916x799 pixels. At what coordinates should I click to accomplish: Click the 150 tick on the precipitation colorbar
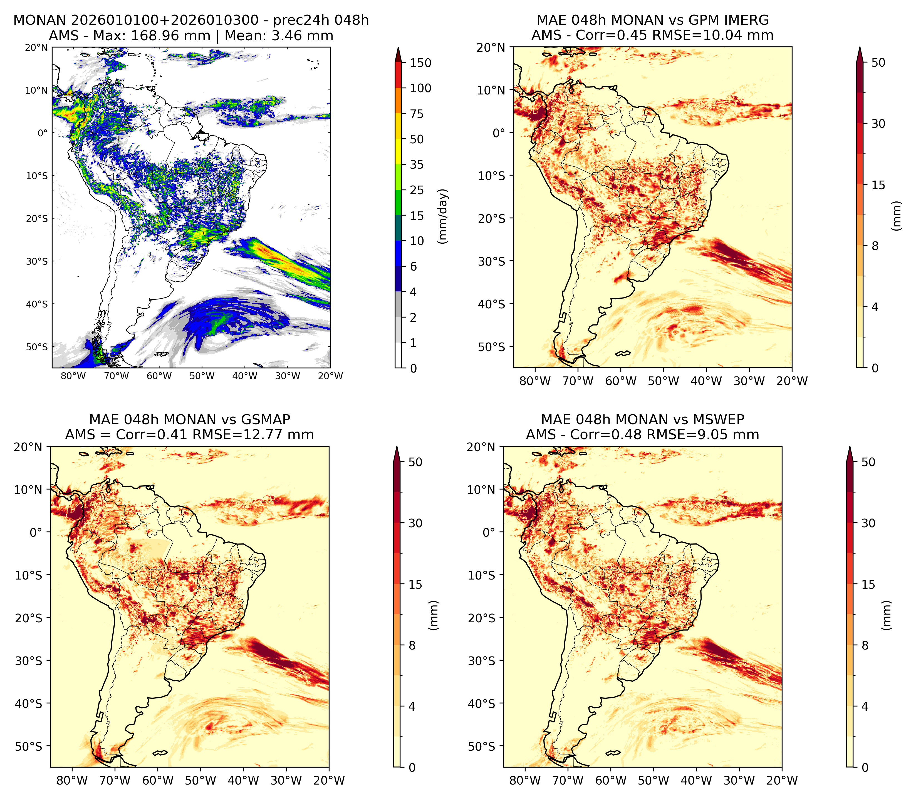point(421,63)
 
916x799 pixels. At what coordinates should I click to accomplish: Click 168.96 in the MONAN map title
point(170,36)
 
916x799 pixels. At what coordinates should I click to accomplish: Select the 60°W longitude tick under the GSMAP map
point(158,781)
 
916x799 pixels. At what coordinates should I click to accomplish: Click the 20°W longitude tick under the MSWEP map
point(782,781)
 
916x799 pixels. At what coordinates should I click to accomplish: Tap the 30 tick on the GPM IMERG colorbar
point(878,124)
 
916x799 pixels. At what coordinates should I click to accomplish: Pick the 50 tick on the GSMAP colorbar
point(415,462)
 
